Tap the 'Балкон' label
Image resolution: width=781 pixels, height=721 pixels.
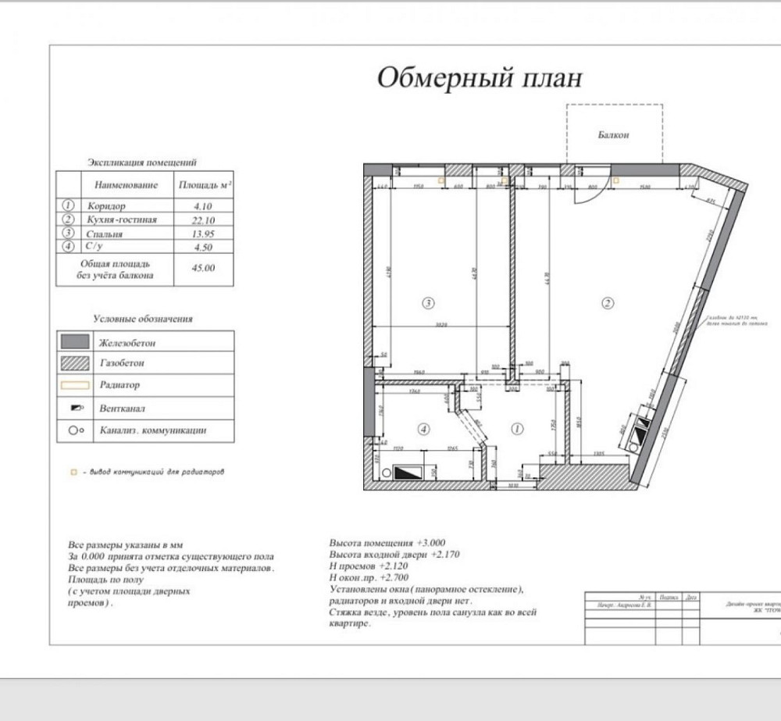coord(613,134)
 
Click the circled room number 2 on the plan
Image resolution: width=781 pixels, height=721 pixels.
coord(605,302)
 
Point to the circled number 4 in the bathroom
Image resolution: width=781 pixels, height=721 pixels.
coord(423,428)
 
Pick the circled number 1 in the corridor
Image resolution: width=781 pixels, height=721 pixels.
coord(516,428)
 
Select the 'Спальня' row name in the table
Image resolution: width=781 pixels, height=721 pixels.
coord(105,234)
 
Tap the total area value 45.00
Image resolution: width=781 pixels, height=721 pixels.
coord(203,268)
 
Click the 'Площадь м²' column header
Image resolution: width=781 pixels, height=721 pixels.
coord(204,185)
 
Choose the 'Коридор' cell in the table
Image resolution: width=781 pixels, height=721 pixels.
coord(106,206)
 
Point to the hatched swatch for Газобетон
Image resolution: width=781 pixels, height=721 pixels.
coord(75,363)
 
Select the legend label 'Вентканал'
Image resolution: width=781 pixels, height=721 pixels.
coord(122,408)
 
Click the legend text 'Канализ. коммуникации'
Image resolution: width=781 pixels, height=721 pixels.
coord(153,430)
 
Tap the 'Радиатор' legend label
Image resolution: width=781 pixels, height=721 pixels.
coord(119,385)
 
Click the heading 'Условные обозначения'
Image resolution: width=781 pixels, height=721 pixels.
coord(143,319)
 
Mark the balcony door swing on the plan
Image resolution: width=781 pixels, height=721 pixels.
coord(582,195)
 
